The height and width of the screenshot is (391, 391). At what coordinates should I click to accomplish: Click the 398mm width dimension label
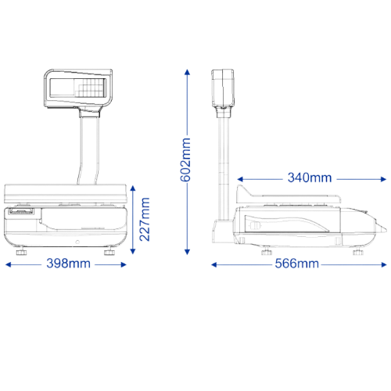coord(69,264)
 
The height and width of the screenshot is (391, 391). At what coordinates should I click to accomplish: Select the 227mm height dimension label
coord(145,220)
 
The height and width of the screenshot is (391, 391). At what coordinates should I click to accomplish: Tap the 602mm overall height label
coord(185,160)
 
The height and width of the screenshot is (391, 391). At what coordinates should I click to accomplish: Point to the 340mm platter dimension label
coord(310,178)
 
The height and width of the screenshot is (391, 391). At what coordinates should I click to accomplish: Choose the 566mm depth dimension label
coord(297,264)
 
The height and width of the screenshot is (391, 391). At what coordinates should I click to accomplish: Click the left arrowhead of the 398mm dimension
coord(8,265)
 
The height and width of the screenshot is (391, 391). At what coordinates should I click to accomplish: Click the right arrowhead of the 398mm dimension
coord(124,265)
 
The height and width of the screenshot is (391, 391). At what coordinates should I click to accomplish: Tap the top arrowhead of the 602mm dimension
coord(187,72)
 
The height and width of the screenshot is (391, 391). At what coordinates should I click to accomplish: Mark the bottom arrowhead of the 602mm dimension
coord(187,252)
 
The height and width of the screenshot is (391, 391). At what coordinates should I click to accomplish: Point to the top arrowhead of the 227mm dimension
coord(133,188)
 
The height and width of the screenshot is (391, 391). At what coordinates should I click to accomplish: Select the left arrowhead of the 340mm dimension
coord(240,179)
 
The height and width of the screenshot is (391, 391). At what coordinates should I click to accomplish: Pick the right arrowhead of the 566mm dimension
coord(383,265)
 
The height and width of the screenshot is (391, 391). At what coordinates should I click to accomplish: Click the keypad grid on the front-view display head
coord(90,88)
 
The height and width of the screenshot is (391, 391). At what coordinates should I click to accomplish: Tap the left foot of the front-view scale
coord(21,252)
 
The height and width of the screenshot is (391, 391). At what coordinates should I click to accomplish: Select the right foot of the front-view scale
coord(109,252)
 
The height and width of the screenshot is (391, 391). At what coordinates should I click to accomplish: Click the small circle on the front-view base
coord(77,242)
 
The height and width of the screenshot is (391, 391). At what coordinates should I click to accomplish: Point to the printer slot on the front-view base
coord(21,211)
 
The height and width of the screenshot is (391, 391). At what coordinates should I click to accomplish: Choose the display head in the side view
coord(222,88)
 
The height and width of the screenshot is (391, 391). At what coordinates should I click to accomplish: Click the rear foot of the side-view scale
coord(267,252)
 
